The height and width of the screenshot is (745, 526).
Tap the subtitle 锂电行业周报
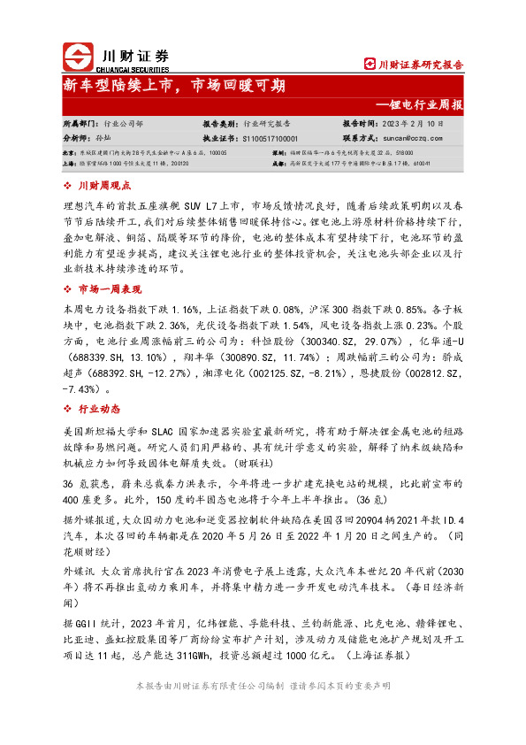(x=425, y=104)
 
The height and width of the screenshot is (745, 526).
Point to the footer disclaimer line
(x=263, y=687)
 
